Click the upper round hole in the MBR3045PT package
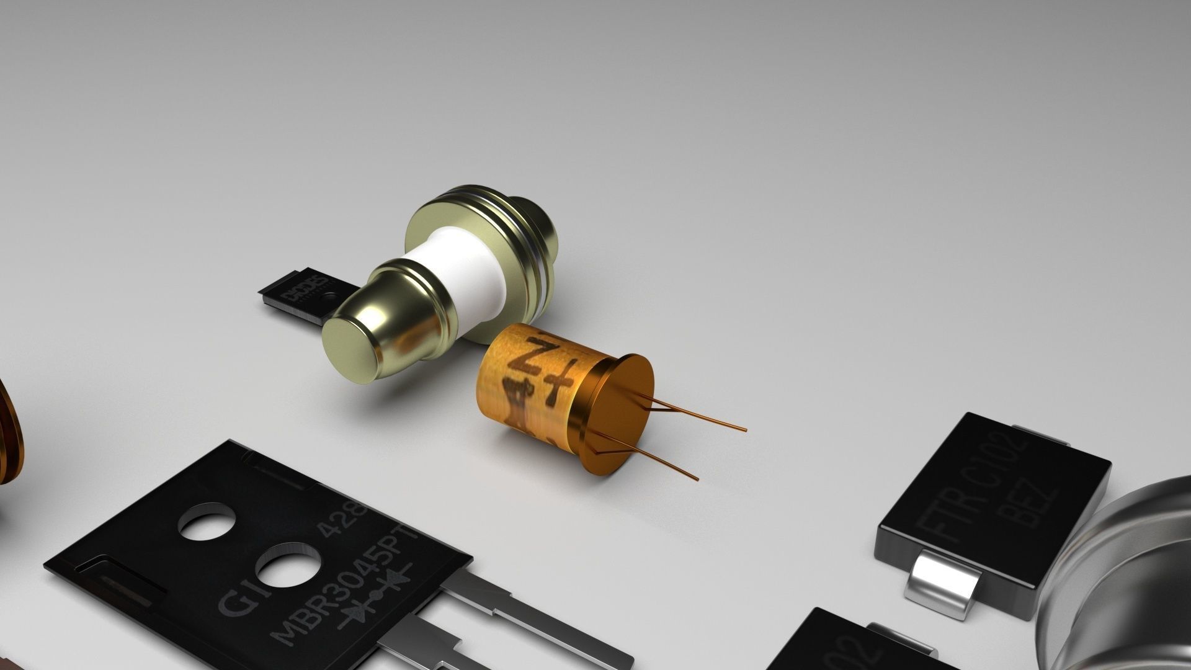click(207, 520)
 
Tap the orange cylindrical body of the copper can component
click(527, 385)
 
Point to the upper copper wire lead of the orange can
click(701, 416)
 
